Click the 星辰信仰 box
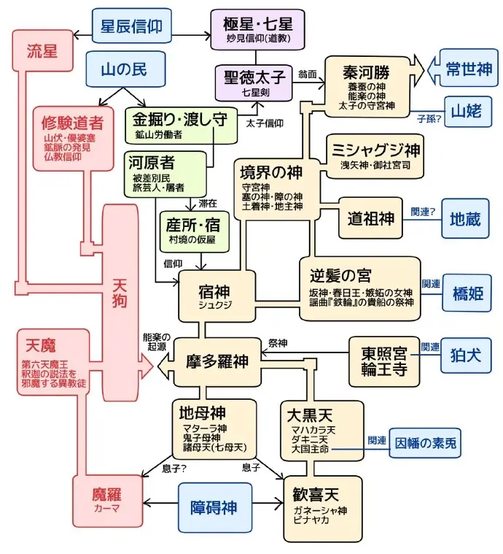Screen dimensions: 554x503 pyautogui.click(x=132, y=26)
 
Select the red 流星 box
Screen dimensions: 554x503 pyautogui.click(x=42, y=50)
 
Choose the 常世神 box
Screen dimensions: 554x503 pyautogui.click(x=469, y=69)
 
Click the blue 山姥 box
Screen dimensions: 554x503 pyautogui.click(x=467, y=112)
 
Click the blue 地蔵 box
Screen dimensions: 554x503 pyautogui.click(x=465, y=218)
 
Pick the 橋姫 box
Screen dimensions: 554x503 pyautogui.click(x=464, y=293)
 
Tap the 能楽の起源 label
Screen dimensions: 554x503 pyautogui.click(x=157, y=342)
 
